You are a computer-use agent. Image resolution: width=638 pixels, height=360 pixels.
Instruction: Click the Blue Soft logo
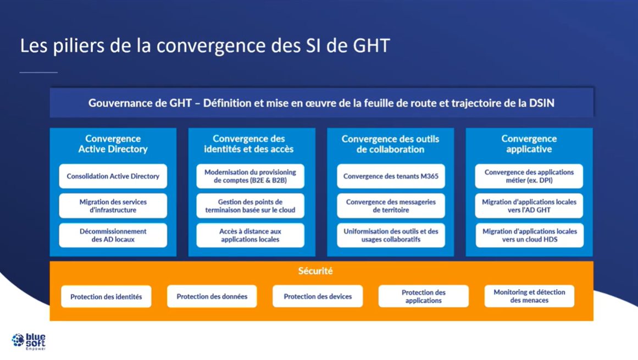point(29,341)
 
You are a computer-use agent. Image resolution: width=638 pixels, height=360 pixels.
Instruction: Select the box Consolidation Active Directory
point(113,176)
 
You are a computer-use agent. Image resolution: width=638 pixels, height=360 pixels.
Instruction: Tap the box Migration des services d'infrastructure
point(113,206)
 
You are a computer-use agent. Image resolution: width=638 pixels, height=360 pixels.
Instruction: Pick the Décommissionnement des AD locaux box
point(113,235)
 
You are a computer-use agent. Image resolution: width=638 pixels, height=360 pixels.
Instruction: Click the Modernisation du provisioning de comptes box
point(250,176)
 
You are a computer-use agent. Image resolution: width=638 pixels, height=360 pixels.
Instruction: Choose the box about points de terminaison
point(250,206)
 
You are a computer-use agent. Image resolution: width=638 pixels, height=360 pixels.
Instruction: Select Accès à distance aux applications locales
point(250,235)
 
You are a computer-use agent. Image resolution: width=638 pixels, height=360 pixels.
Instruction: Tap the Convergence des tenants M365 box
point(391,176)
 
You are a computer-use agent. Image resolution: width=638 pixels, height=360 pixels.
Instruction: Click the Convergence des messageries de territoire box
point(391,206)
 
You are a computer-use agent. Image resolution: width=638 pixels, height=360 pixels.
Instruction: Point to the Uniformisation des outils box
point(391,235)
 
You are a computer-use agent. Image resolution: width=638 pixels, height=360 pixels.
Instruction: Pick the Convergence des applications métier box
point(529,176)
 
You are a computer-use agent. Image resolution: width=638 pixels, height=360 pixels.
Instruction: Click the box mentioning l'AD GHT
point(529,206)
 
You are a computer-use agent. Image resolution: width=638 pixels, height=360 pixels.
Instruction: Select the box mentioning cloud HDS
point(529,235)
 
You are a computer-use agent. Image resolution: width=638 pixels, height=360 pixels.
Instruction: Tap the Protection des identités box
point(106,297)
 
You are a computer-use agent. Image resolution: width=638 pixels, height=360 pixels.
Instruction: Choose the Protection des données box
point(212,297)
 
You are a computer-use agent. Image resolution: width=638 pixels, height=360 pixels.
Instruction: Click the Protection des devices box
point(318,297)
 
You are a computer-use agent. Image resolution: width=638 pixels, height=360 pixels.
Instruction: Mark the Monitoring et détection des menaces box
point(529,296)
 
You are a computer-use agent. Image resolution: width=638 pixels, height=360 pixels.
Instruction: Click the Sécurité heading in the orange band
point(315,271)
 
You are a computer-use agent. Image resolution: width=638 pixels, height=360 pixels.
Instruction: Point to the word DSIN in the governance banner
point(542,103)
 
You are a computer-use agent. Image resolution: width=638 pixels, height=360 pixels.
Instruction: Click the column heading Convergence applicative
point(529,144)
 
